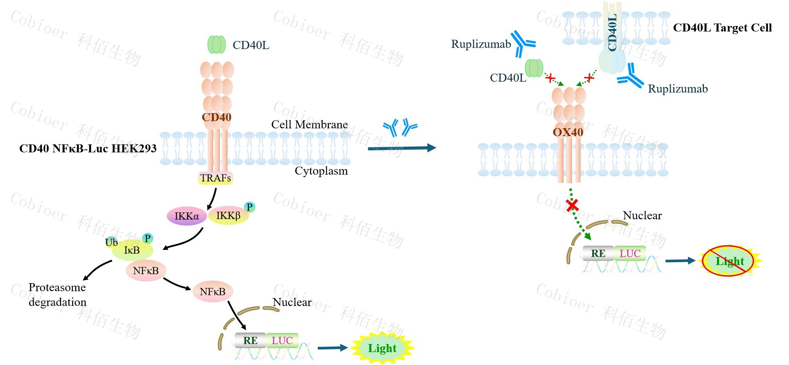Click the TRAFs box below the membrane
(215, 178)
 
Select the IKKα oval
(187, 216)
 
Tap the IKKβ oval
(228, 216)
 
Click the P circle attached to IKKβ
(249, 207)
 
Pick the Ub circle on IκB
(111, 242)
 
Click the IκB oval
(132, 250)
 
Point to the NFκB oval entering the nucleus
(212, 292)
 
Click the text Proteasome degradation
(57, 295)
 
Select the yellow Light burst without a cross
(382, 348)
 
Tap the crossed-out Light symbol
(730, 261)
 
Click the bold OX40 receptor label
(568, 132)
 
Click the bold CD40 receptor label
(217, 117)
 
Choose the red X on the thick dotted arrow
(572, 205)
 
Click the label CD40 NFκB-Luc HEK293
(88, 148)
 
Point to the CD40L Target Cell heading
(722, 28)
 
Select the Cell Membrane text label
(309, 124)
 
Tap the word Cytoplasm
(321, 171)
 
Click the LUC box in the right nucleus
(630, 253)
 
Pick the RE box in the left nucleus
(250, 341)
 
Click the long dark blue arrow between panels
(401, 148)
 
